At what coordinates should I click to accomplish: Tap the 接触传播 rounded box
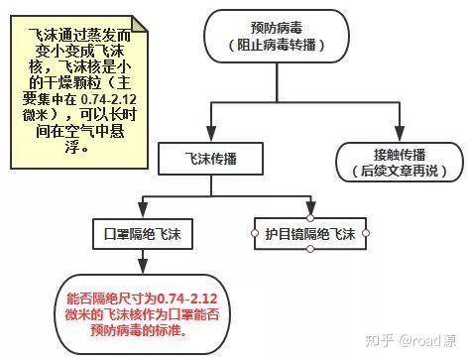pyautogui.click(x=401, y=161)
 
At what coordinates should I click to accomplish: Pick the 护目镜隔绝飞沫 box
pyautogui.click(x=310, y=234)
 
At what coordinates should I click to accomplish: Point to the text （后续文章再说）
pyautogui.click(x=401, y=171)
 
